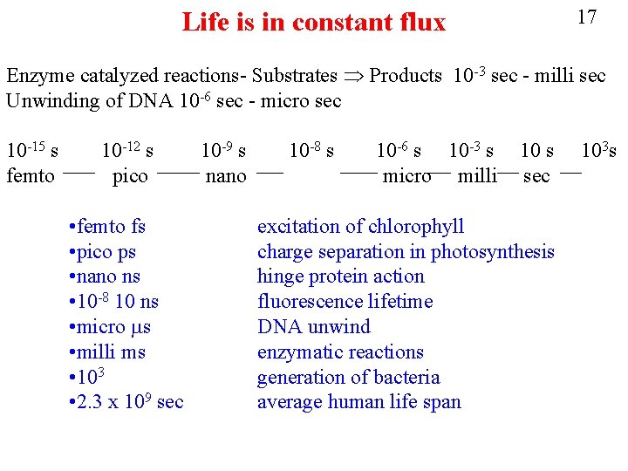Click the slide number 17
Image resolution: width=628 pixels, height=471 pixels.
587,17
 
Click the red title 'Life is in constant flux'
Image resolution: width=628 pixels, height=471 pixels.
313,22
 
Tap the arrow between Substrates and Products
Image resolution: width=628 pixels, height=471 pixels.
352,76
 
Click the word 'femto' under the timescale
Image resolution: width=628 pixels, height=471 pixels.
31,176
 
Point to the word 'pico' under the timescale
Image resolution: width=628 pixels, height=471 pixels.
131,176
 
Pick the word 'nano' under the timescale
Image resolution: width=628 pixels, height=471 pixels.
226,176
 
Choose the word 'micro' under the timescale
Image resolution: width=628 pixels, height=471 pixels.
406,176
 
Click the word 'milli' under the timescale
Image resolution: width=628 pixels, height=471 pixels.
477,176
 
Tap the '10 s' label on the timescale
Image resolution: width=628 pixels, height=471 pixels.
536,151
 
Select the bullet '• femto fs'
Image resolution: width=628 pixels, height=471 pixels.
106,227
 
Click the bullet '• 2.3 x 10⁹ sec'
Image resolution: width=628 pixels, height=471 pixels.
125,402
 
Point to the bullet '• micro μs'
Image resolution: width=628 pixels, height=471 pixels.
109,327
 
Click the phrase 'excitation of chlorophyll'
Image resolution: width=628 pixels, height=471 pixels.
360,227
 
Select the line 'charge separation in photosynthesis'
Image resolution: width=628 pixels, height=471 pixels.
406,252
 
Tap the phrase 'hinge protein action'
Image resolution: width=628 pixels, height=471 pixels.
340,276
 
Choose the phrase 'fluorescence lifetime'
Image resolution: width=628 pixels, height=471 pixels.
345,302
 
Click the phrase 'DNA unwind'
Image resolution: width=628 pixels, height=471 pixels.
313,327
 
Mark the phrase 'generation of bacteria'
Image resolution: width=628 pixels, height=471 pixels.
348,378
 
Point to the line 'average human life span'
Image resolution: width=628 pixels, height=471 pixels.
358,402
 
